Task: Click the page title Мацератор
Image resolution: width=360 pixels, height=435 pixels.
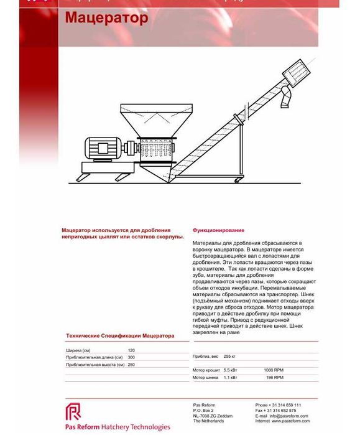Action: [106, 17]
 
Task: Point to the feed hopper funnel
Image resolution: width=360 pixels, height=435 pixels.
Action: [149, 119]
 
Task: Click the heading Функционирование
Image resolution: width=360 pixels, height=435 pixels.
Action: [218, 230]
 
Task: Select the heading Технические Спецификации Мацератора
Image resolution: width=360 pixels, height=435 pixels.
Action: [120, 336]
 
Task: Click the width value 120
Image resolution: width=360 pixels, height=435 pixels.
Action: [131, 350]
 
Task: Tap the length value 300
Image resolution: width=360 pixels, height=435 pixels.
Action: [131, 357]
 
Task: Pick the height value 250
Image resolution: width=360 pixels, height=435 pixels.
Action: [131, 365]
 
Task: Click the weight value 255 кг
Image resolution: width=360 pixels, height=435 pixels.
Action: [229, 357]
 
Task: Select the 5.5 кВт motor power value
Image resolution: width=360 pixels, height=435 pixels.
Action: [231, 370]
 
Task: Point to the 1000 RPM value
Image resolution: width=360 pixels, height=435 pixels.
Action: [274, 370]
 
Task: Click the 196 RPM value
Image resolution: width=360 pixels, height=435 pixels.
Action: [275, 377]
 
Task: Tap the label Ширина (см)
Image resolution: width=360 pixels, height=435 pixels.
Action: [78, 350]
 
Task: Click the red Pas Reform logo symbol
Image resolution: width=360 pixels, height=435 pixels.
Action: [73, 412]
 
